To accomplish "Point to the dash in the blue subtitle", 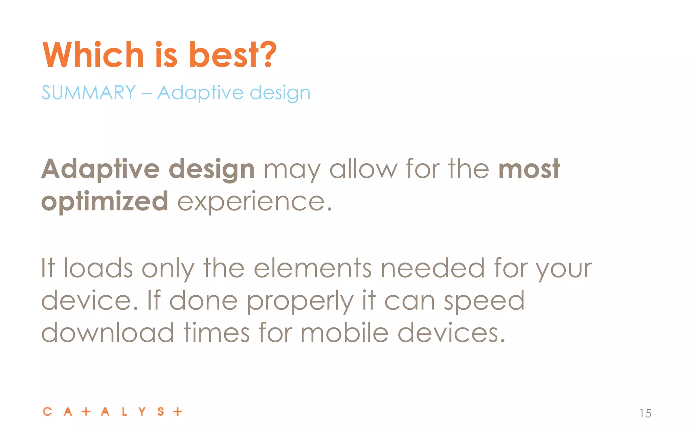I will click(x=146, y=93).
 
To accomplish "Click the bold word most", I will click(x=529, y=169).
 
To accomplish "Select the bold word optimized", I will click(x=105, y=202).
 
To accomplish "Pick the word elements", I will click(x=313, y=268).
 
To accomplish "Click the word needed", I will click(x=433, y=268).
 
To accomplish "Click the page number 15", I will click(x=645, y=413).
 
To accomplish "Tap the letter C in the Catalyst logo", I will click(x=47, y=412).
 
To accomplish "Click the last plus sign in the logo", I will click(x=177, y=412).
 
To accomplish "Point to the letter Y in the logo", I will click(x=142, y=412).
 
